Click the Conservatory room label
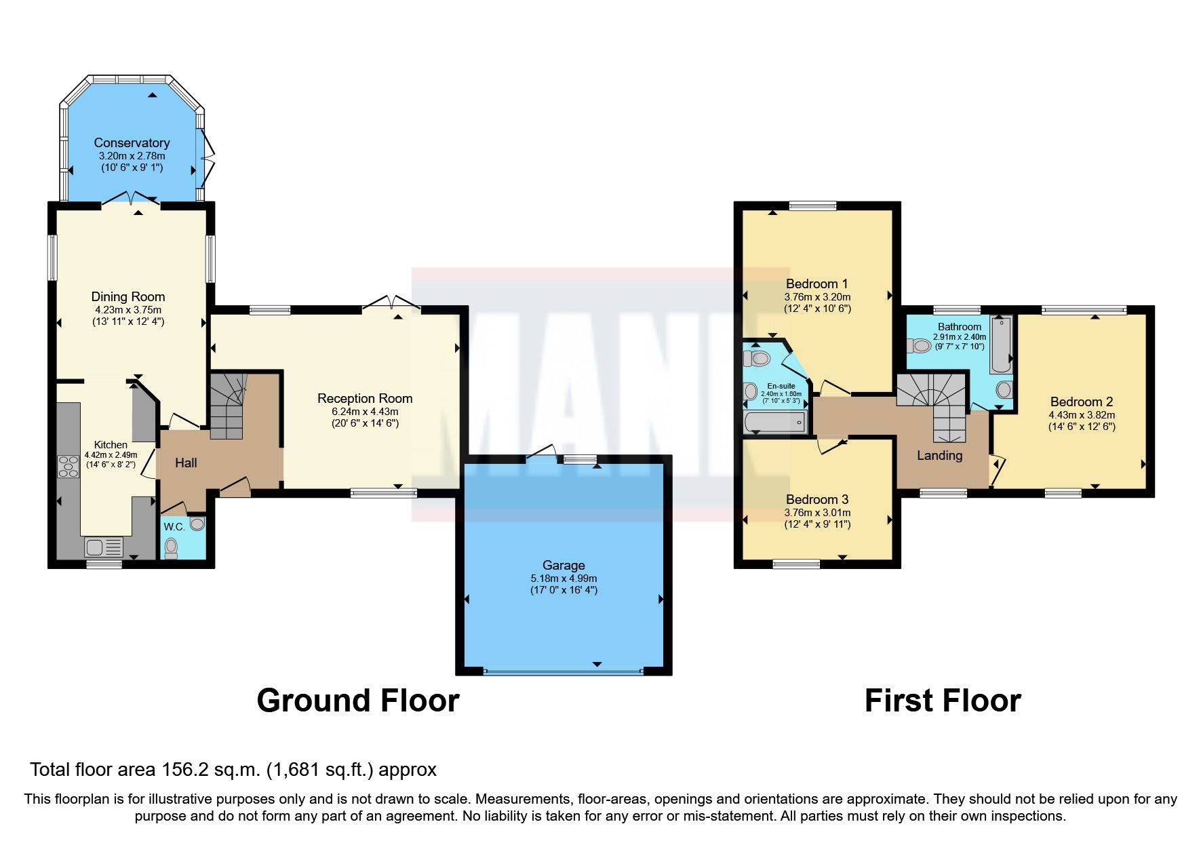132,143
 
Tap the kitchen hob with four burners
68,467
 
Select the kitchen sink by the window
104,547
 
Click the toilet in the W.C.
171,547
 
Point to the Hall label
186,463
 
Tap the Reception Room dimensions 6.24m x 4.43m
365,412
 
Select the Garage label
564,565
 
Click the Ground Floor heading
358,701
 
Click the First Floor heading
943,701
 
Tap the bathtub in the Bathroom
1000,345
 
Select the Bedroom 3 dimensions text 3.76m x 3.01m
817,513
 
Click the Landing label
939,456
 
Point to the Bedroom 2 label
1082,402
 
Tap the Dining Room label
128,296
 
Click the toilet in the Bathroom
919,346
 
